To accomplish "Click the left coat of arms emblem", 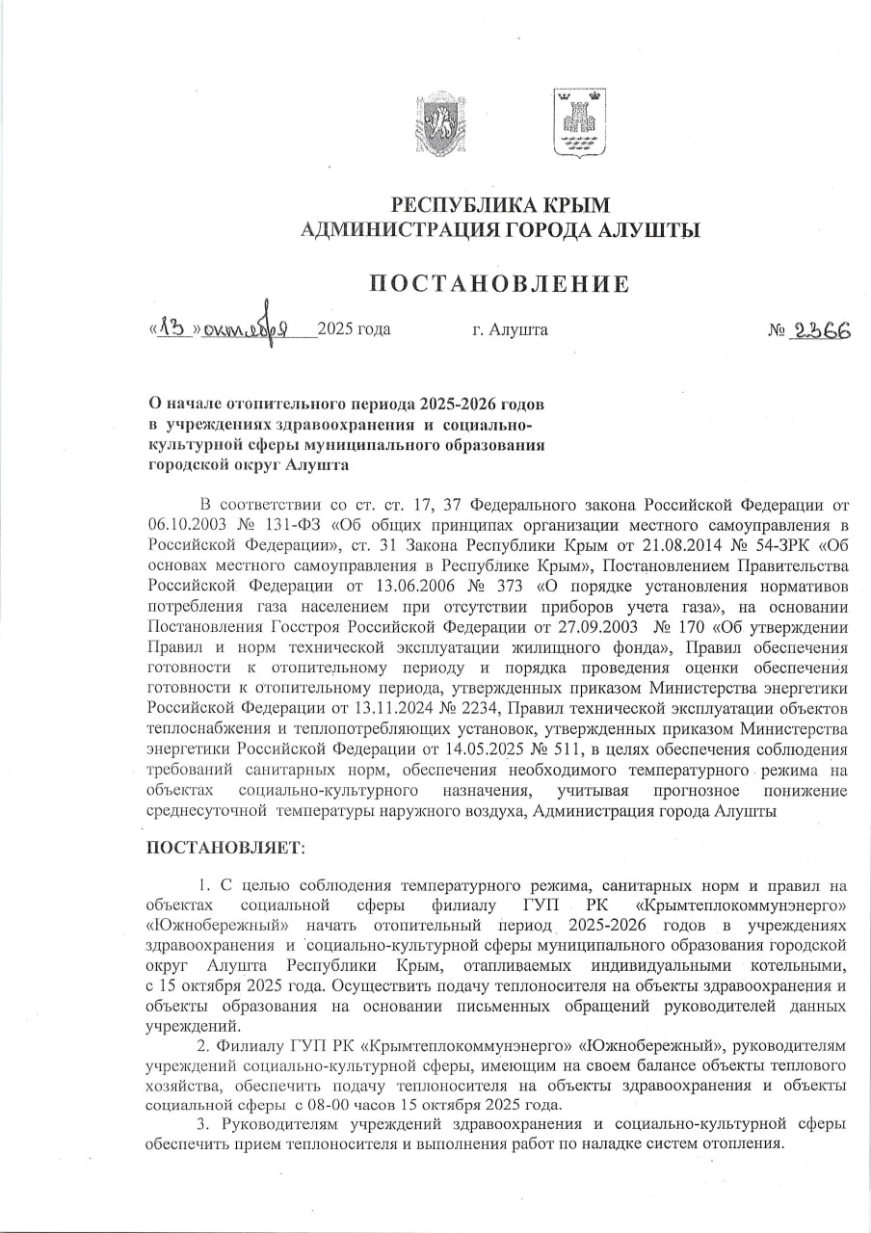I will tap(439, 123).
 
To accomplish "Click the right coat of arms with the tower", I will tap(578, 122).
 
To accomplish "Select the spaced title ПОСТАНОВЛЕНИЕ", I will tap(500, 283).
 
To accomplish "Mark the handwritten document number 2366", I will tap(821, 329).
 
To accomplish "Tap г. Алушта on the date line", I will tap(510, 330).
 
